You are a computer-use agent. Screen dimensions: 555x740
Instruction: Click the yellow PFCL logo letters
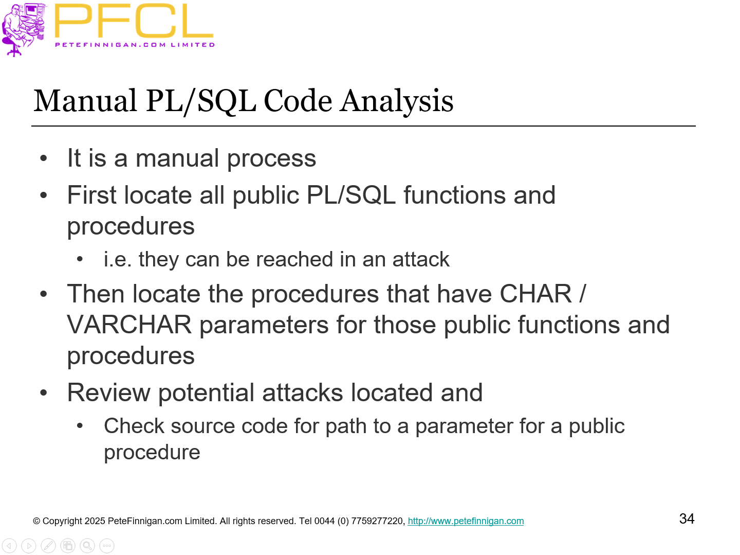point(134,22)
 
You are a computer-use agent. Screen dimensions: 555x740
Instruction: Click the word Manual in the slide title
point(85,101)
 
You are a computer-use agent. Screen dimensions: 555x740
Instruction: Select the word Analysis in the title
point(397,101)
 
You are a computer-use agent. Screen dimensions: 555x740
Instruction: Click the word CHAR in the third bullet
point(535,294)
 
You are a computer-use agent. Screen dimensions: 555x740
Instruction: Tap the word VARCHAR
point(129,325)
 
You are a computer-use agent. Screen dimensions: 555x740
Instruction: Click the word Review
point(108,393)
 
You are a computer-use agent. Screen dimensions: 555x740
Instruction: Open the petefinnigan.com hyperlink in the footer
point(466,521)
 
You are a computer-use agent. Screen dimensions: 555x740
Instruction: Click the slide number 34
point(687,518)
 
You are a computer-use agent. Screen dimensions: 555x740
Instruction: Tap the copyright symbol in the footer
point(36,521)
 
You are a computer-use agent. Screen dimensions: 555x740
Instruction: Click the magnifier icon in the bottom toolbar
point(87,546)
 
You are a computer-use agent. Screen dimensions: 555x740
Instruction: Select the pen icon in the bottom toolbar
point(48,546)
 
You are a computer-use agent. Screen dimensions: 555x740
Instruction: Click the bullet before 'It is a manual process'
point(44,158)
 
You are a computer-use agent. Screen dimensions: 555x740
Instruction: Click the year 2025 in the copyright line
point(95,521)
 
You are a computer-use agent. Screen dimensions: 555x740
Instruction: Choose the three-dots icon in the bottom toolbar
point(107,546)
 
